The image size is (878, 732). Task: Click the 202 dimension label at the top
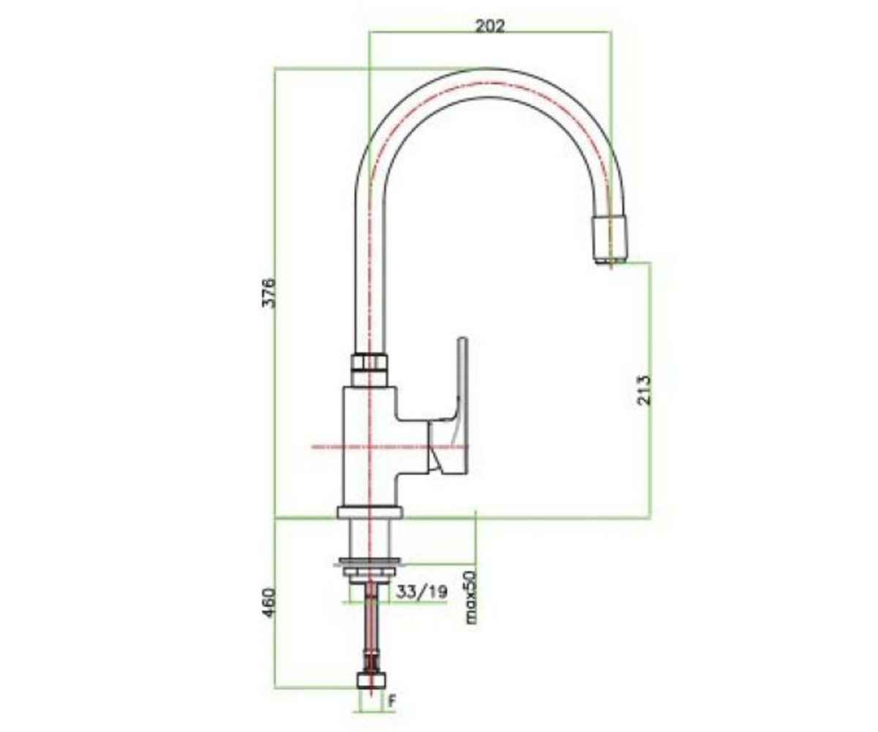click(489, 26)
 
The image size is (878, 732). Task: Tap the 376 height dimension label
click(269, 292)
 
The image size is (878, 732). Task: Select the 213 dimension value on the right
click(643, 390)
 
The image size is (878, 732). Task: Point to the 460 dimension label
click(269, 603)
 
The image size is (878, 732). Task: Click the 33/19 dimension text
click(421, 592)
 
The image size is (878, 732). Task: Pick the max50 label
click(471, 597)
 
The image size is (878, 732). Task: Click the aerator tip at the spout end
click(609, 240)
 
